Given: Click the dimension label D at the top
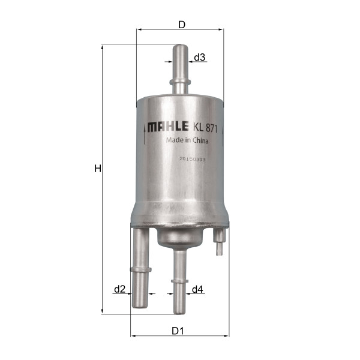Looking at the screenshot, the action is click(182, 25).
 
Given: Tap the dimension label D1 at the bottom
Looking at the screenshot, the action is click(178, 331).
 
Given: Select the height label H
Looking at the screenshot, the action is click(98, 169).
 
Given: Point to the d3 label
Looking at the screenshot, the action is click(200, 57).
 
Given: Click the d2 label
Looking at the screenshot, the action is click(120, 289).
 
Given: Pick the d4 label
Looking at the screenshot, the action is click(197, 289).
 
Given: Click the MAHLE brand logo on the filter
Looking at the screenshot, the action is click(168, 127).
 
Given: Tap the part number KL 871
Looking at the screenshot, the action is click(205, 128).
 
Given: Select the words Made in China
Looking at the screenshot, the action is click(187, 140).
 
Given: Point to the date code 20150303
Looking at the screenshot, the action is click(193, 159).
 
